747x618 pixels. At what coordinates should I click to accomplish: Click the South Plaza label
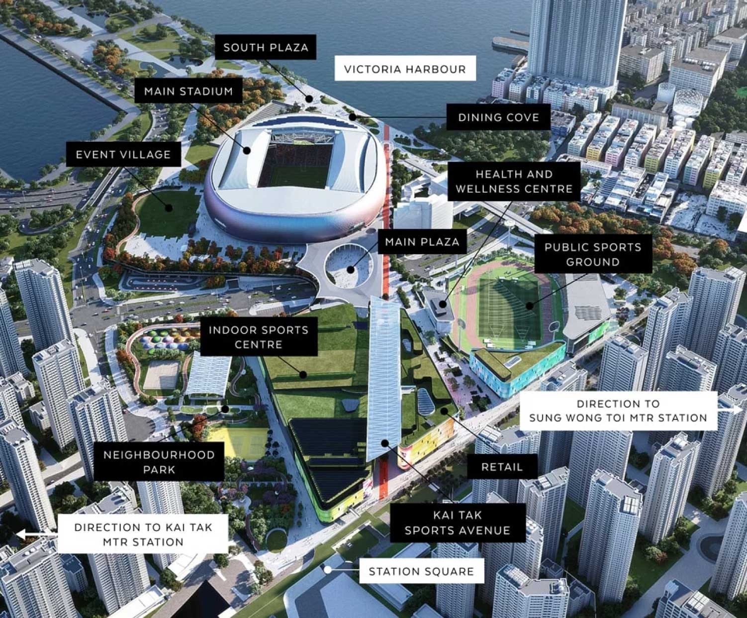(266, 47)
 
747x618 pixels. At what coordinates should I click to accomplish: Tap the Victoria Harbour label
(405, 69)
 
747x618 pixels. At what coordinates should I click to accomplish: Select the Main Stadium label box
(188, 92)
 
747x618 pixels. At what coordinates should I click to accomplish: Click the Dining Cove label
(498, 117)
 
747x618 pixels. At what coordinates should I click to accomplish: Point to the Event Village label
(123, 155)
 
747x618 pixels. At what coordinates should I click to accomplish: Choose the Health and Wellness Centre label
(514, 182)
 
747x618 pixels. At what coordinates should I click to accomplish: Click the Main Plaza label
(422, 242)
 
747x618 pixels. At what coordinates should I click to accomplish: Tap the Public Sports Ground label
(592, 254)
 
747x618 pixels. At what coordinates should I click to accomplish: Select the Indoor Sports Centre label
(258, 337)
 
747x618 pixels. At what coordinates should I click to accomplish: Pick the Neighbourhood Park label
(159, 462)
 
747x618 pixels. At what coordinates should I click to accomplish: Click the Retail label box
(502, 467)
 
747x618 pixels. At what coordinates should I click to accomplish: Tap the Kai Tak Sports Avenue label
(457, 522)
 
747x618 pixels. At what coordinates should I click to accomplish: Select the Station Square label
(421, 571)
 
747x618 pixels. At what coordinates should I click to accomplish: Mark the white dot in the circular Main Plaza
(351, 270)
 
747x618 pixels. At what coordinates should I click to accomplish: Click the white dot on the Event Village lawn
(170, 207)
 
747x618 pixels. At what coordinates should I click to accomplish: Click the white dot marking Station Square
(328, 570)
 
